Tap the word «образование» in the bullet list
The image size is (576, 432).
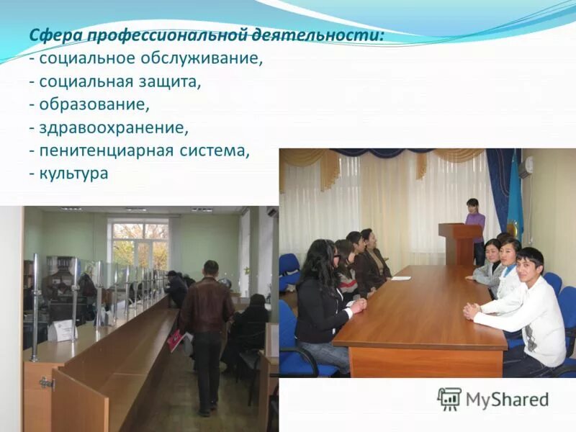tap(94, 105)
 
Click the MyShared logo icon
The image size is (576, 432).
tap(449, 399)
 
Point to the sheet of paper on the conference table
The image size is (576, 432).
tap(400, 277)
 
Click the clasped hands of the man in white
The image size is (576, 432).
tap(472, 310)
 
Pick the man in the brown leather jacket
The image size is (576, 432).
tap(207, 317)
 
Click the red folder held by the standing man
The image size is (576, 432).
tap(175, 340)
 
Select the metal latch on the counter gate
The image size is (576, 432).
tap(47, 383)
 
